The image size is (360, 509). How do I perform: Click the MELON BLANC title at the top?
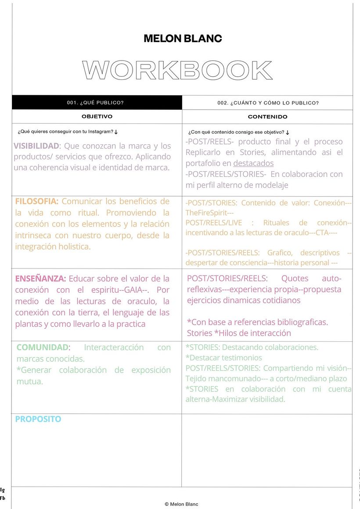(x=183, y=39)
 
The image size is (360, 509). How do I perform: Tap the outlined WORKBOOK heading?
(x=177, y=71)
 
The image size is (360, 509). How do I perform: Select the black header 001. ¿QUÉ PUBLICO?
(x=95, y=103)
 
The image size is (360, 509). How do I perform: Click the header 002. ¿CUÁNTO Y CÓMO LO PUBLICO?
(x=268, y=103)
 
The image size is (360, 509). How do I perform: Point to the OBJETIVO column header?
(x=97, y=117)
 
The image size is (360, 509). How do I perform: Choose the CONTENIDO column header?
(x=267, y=117)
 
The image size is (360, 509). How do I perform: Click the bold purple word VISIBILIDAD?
(x=36, y=146)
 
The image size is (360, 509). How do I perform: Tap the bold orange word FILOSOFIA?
(x=36, y=201)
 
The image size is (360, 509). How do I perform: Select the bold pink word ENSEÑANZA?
(x=40, y=279)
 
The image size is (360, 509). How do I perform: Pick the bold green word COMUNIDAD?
(x=43, y=348)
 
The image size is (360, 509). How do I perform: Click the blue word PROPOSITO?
(x=38, y=419)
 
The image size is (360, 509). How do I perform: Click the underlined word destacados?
(x=253, y=163)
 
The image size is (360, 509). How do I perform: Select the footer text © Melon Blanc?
(x=181, y=504)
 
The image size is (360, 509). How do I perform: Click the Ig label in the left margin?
(x=3, y=489)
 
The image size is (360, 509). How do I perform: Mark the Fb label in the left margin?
(x=3, y=498)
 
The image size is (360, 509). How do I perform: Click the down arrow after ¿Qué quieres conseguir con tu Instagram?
(x=116, y=132)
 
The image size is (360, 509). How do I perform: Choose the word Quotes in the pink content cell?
(x=295, y=279)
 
